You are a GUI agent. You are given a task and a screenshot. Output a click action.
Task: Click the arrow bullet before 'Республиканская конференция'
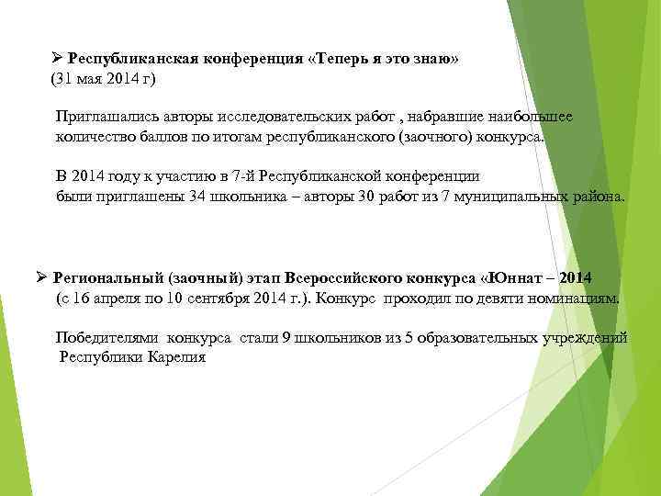58,58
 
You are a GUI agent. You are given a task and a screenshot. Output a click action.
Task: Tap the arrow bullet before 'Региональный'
42,277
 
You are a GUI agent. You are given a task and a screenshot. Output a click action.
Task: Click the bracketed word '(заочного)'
434,138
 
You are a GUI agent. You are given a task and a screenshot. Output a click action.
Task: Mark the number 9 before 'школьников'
286,337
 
